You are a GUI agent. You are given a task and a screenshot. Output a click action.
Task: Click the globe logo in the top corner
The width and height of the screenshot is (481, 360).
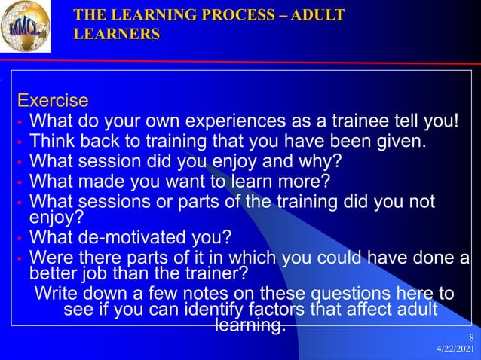pos(26,27)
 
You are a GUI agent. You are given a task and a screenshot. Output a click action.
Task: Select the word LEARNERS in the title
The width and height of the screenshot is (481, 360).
pos(117,34)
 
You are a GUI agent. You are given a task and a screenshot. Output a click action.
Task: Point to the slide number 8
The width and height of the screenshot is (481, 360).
pos(470,337)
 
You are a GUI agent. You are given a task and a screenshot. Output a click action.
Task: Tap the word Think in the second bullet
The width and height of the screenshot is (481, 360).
pos(51,141)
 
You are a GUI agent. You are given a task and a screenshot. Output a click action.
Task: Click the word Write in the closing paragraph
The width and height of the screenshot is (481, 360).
pos(56,292)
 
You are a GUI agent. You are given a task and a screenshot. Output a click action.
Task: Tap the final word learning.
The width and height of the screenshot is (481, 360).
pos(250,325)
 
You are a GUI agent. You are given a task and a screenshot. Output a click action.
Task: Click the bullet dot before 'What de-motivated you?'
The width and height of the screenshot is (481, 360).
pos(21,239)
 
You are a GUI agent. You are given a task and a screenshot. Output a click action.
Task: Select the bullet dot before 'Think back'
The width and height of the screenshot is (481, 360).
pos(21,142)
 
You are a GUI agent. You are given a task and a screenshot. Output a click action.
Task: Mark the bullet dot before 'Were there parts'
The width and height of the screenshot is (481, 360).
pos(21,259)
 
